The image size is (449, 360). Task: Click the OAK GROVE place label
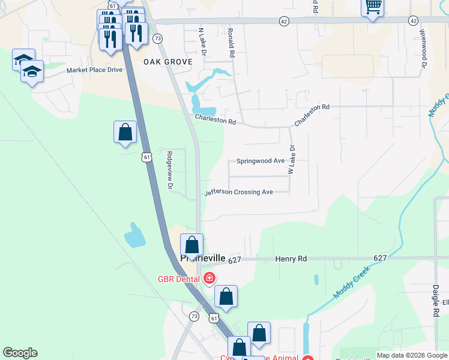(167, 62)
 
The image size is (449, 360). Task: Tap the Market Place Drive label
(94, 70)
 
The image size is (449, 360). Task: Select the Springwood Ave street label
(260, 161)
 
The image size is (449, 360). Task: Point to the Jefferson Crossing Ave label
(238, 193)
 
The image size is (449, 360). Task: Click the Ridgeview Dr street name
(170, 171)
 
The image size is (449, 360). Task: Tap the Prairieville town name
(203, 258)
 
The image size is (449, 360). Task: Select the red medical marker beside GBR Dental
(209, 278)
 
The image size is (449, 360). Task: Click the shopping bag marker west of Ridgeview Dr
(125, 132)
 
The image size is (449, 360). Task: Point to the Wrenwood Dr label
(423, 49)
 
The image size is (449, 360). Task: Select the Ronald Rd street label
(231, 41)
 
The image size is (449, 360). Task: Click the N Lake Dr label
(203, 41)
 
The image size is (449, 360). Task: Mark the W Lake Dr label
(292, 159)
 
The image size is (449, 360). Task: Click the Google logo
(20, 353)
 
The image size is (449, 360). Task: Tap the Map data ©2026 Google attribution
(412, 355)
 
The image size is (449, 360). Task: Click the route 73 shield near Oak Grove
(157, 38)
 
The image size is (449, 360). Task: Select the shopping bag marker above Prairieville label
(191, 245)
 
